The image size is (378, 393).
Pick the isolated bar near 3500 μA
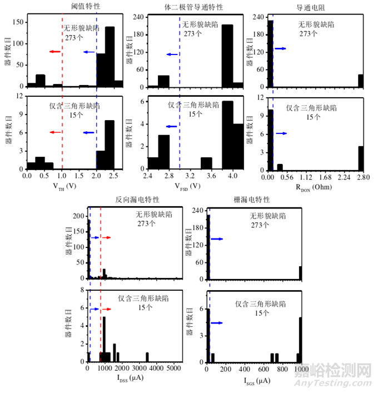[147, 357]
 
